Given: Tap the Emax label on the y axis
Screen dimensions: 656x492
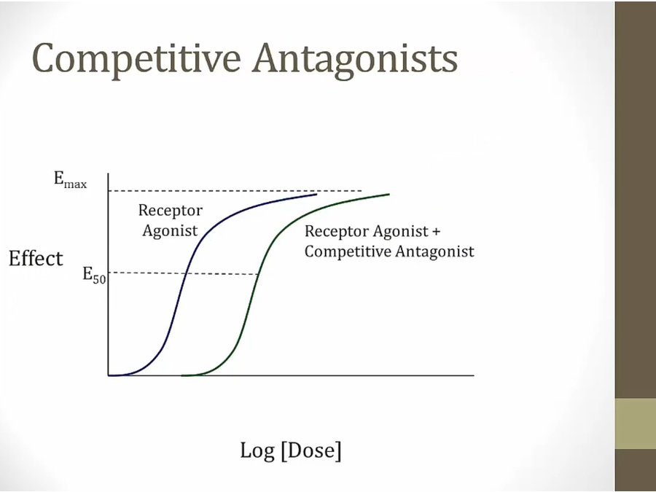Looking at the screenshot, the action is tap(70, 179).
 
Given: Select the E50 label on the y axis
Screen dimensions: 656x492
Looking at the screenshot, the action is tap(94, 275).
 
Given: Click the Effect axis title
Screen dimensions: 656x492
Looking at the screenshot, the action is tap(36, 258).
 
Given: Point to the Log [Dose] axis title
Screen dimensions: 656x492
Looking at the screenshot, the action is tap(291, 450).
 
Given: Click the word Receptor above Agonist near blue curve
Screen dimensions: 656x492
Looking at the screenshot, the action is tap(171, 211).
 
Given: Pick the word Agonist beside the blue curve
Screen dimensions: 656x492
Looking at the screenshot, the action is tap(170, 230).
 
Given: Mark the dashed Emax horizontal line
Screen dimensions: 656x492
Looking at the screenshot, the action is tap(235, 191).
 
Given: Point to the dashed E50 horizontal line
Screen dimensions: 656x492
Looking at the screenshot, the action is tap(183, 273).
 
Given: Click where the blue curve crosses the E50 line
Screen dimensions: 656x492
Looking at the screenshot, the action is tap(184, 273).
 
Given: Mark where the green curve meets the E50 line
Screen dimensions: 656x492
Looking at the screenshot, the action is tap(258, 274).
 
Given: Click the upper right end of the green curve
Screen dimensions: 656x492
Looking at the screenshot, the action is tap(389, 194).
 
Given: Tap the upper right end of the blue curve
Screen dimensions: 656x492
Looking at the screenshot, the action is tap(317, 194).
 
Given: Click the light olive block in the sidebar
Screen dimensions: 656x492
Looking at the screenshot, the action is tap(636, 423).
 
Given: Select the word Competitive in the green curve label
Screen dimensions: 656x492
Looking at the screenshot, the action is tap(348, 251).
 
